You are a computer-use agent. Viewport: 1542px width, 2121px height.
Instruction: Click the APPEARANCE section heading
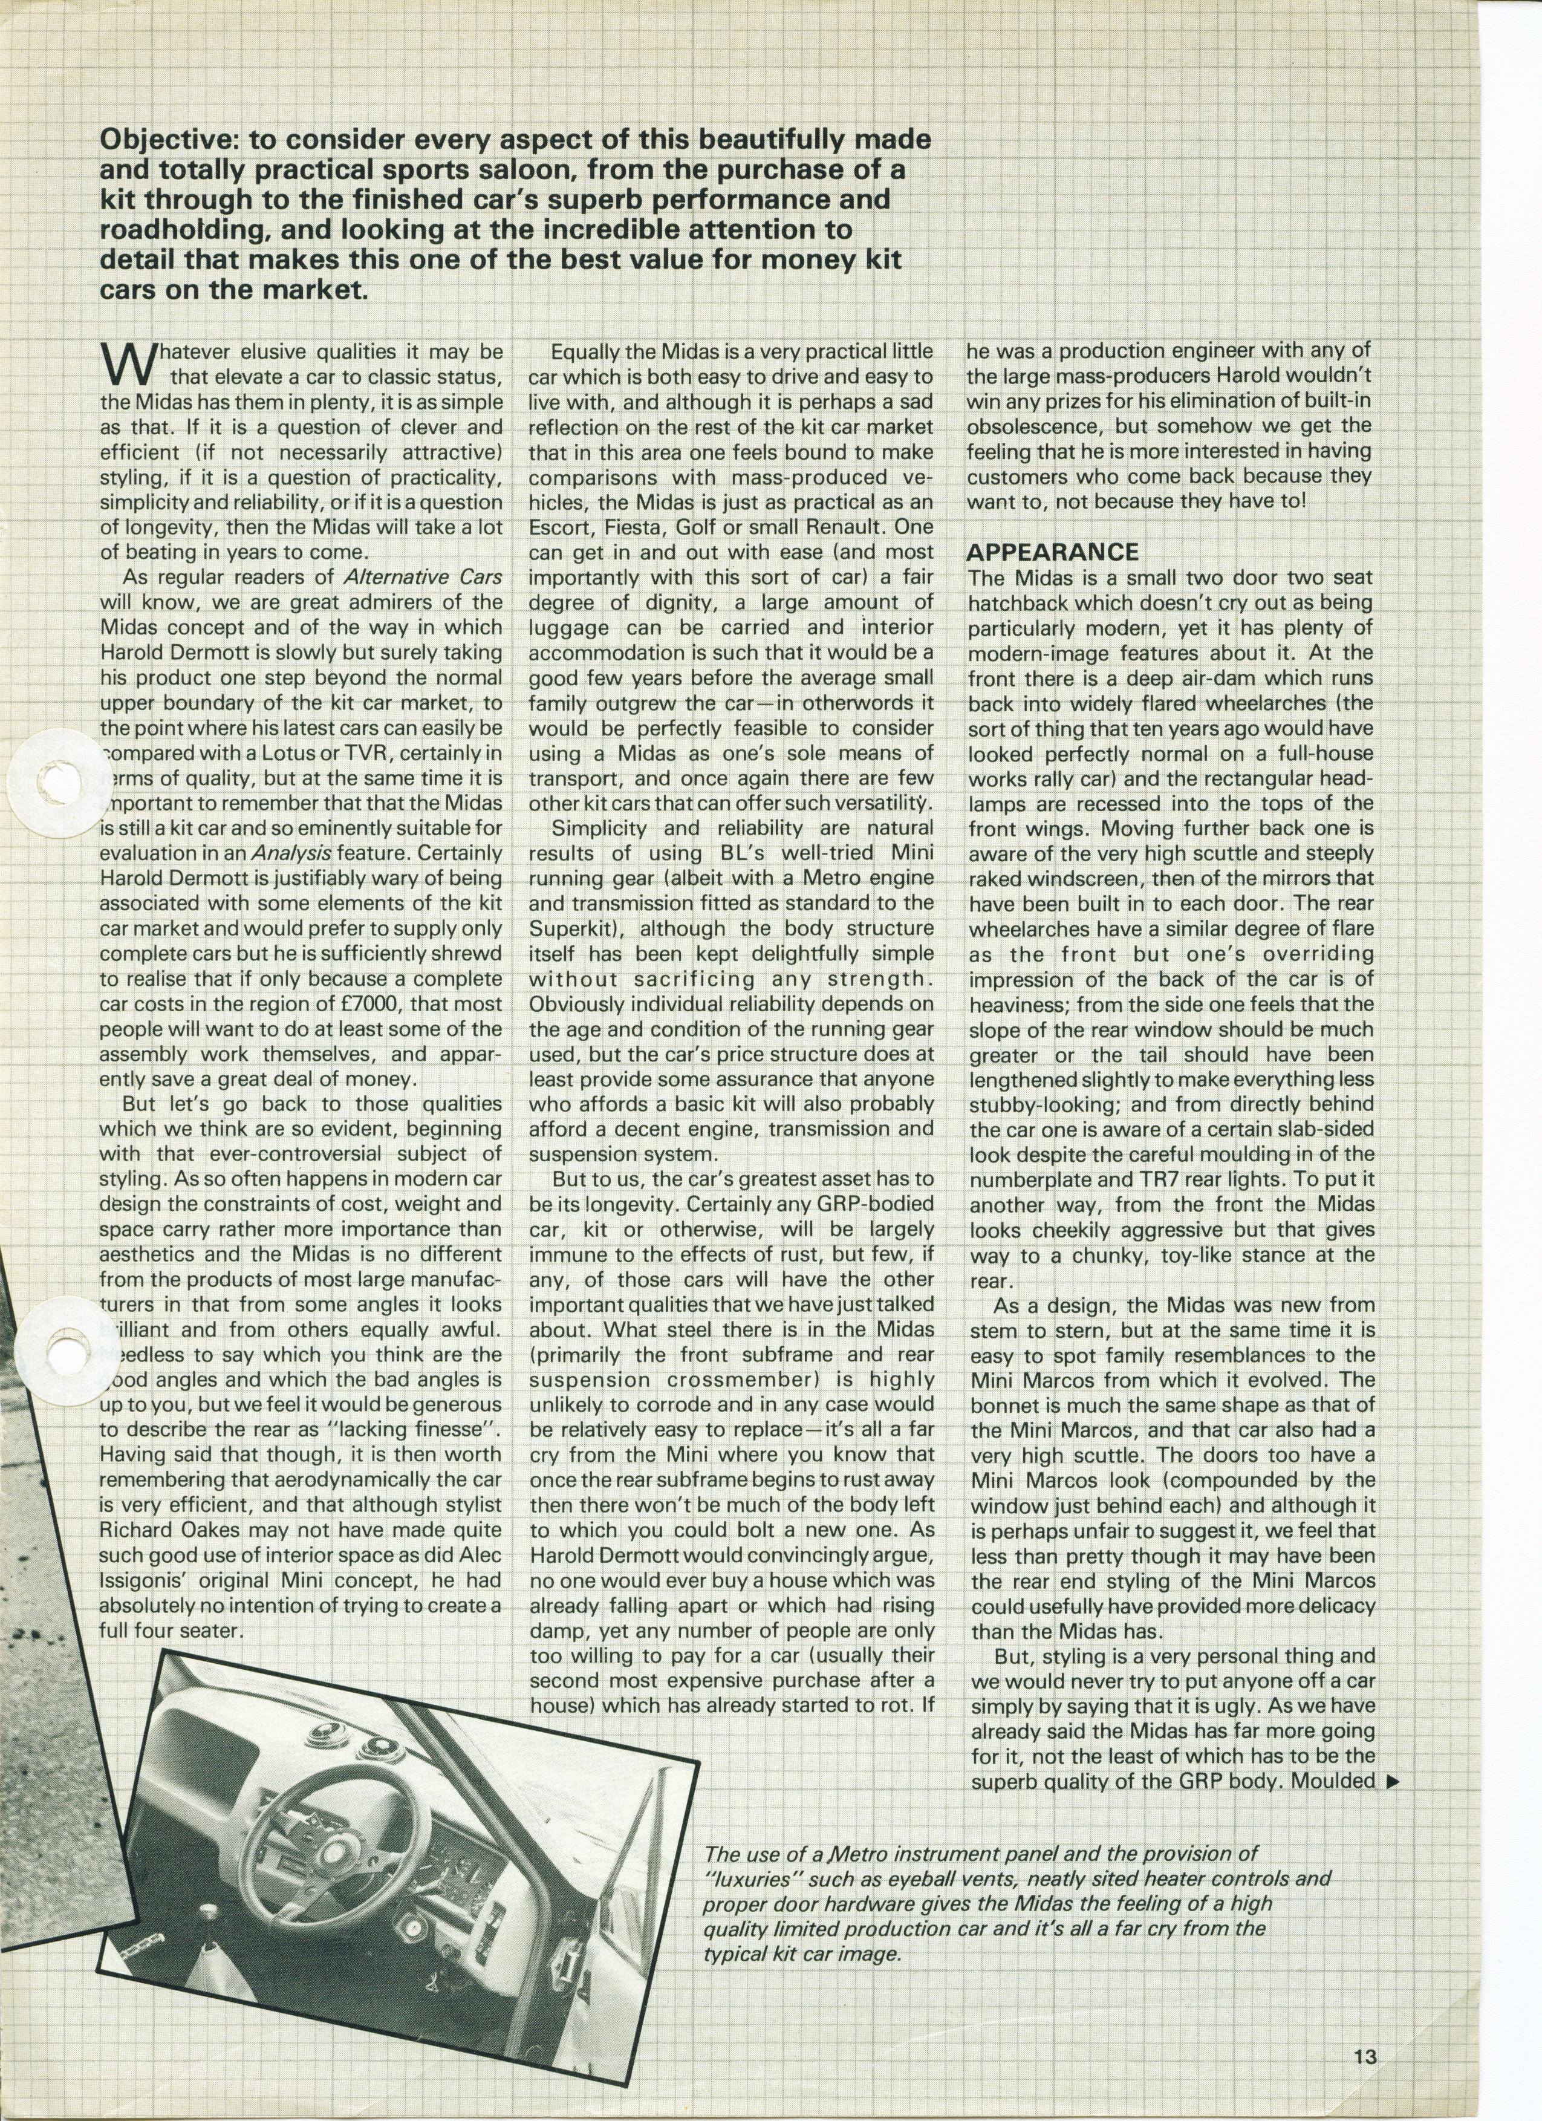(x=1052, y=552)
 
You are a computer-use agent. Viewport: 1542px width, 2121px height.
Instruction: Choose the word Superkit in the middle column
(x=566, y=928)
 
